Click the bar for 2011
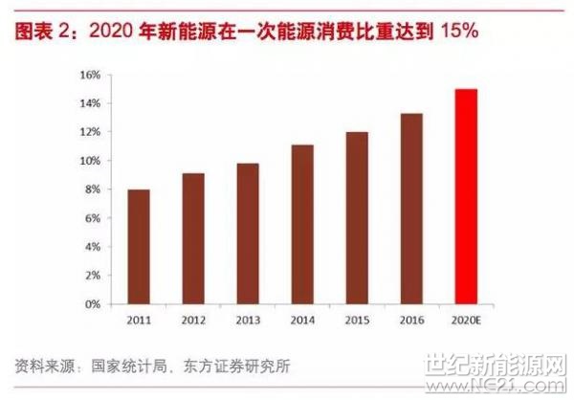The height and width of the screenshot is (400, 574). coord(139,247)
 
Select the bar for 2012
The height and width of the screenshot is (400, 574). coord(193,238)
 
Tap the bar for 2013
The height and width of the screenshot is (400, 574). coord(248,233)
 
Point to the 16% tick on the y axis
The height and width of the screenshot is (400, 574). coord(89,75)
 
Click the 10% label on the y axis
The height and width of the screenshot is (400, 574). coord(89,161)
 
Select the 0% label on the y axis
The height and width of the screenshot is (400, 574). coord(92,304)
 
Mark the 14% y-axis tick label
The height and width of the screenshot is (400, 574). coord(89,103)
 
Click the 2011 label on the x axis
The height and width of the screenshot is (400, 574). coord(139,320)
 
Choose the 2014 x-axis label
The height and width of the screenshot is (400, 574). coord(302,320)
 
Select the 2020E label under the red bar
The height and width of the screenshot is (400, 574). coord(466,320)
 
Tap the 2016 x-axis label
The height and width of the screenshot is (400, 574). coord(411,320)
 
